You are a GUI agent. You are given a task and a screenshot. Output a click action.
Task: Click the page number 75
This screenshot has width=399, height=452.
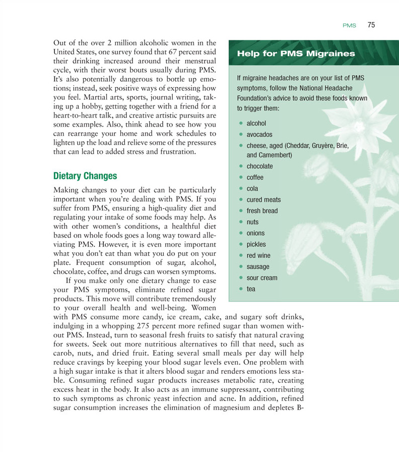(372, 25)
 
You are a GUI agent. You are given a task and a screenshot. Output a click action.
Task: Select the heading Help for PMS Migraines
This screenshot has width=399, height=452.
(296, 53)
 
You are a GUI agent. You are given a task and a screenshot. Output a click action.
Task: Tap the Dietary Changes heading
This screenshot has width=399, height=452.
(85, 176)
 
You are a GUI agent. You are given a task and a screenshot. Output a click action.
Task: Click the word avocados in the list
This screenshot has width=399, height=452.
(259, 135)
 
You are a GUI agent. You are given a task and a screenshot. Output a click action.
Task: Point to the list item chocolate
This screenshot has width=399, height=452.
(260, 166)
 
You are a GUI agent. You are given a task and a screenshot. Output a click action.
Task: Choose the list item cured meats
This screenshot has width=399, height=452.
(264, 200)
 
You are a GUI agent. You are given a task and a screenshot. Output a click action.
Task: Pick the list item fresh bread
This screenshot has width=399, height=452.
(262, 211)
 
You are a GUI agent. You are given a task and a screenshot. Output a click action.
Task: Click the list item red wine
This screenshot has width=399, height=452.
(258, 255)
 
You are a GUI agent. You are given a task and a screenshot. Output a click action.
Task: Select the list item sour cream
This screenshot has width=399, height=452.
(262, 277)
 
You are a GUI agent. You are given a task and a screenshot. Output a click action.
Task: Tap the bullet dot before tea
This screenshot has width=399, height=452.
(242, 289)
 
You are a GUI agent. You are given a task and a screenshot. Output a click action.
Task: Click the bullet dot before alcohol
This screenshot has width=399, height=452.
(242, 123)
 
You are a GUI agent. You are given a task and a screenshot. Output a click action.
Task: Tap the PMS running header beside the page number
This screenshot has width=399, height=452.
(349, 26)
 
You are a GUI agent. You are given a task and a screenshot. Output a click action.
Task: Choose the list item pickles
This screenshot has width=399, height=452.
(257, 244)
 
